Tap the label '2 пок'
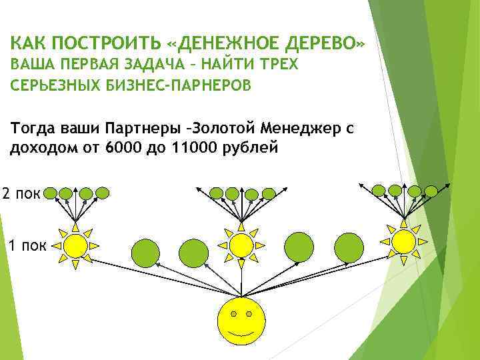click(x=22, y=193)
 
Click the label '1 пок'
click(x=25, y=246)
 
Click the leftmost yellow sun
click(x=75, y=245)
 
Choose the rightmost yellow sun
click(x=403, y=241)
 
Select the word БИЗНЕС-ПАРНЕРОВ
click(x=181, y=86)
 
